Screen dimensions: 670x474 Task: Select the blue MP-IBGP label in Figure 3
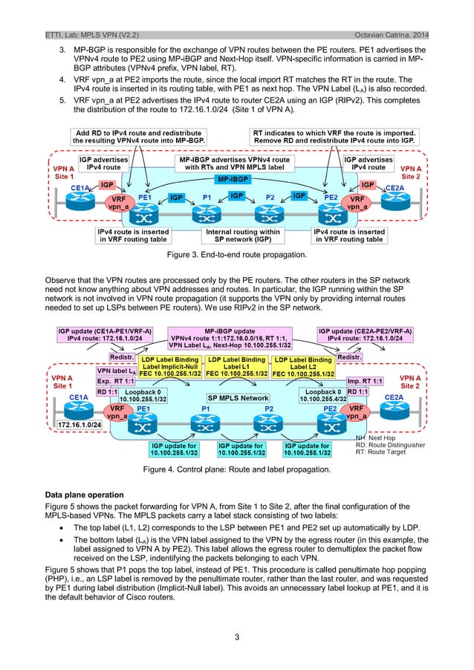(x=233, y=180)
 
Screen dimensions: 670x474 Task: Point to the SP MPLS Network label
(x=238, y=398)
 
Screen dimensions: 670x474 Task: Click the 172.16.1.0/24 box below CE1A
(x=81, y=424)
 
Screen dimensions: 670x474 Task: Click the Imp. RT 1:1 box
(x=364, y=380)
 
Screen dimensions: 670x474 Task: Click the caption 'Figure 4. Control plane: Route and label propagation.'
(x=237, y=469)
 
